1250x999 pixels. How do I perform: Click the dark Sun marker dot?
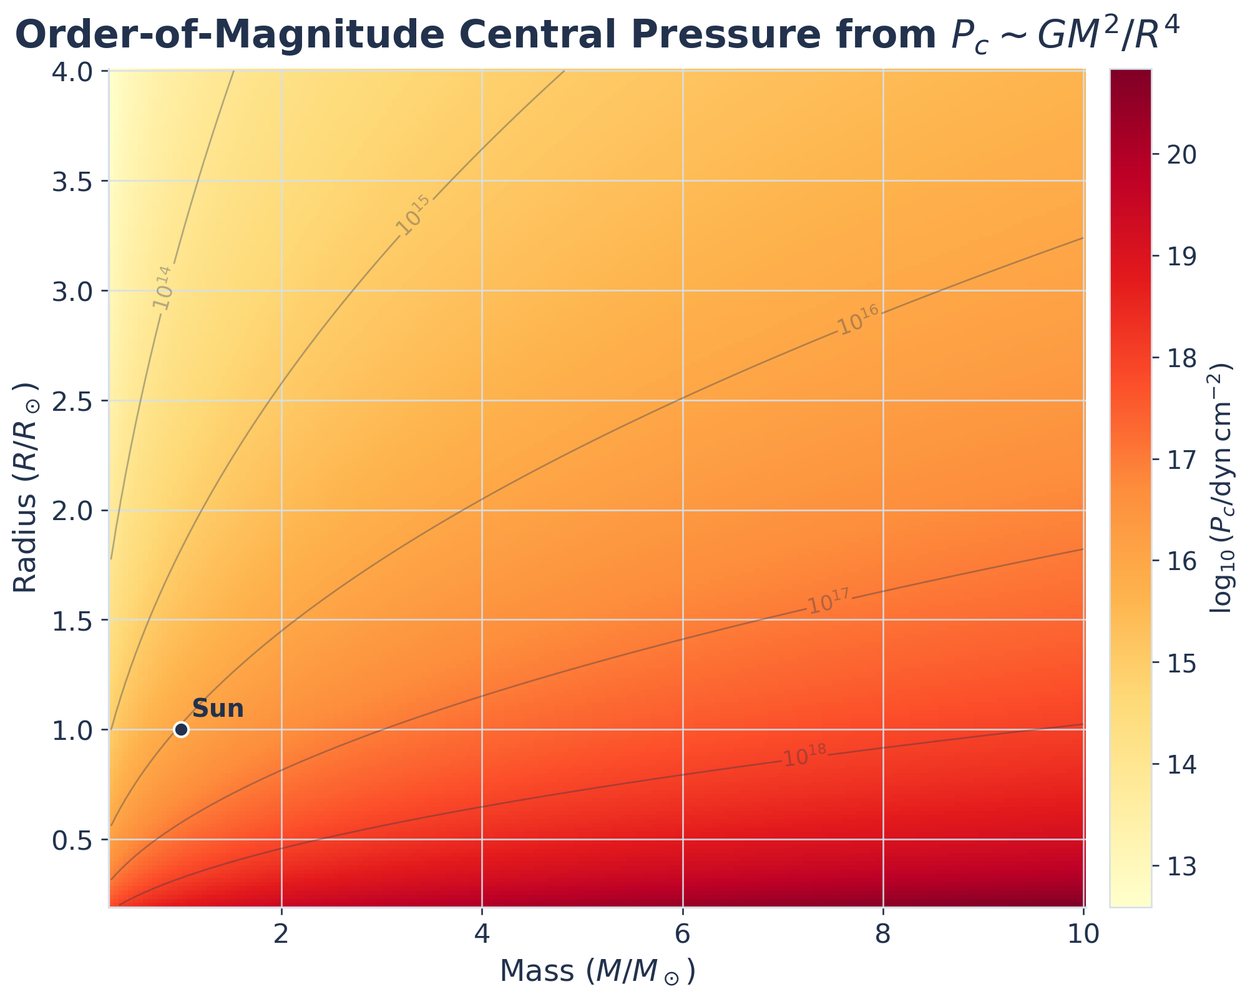pyautogui.click(x=181, y=729)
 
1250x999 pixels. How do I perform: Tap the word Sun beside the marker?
pyautogui.click(x=217, y=709)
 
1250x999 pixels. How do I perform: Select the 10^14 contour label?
pyautogui.click(x=162, y=287)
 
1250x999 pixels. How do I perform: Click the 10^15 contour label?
pyautogui.click(x=413, y=215)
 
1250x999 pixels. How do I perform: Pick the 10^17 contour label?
pyautogui.click(x=829, y=601)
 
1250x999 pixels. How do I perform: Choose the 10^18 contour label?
pyautogui.click(x=805, y=755)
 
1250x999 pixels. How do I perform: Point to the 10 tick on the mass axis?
pyautogui.click(x=1083, y=935)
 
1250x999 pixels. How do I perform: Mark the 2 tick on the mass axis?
pyautogui.click(x=281, y=935)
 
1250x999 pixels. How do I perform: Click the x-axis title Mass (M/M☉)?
pyautogui.click(x=597, y=972)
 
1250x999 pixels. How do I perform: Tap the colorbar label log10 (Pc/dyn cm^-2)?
pyautogui.click(x=1222, y=487)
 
